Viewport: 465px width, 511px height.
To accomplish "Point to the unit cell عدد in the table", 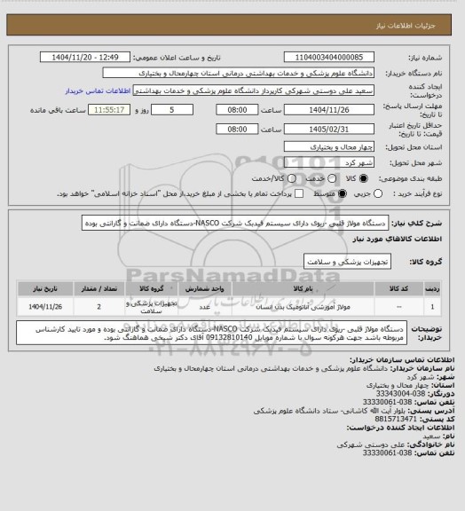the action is click(x=205, y=306).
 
